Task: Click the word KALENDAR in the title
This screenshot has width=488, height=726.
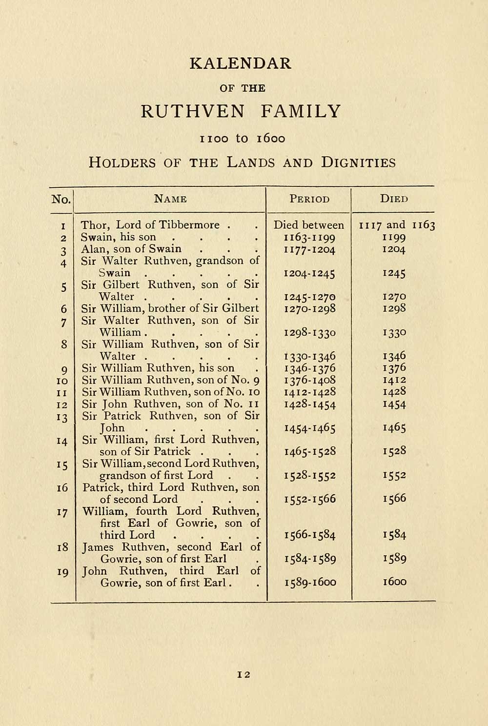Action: click(x=240, y=63)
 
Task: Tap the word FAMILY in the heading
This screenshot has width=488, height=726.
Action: click(x=301, y=111)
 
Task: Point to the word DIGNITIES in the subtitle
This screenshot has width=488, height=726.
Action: click(x=358, y=162)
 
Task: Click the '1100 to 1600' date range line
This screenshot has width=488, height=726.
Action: click(x=243, y=139)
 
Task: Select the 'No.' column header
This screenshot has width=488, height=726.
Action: click(x=61, y=199)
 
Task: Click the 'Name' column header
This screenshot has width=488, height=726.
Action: click(x=170, y=199)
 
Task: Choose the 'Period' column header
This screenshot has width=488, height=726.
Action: click(x=309, y=199)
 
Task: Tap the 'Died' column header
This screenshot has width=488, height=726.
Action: click(x=394, y=199)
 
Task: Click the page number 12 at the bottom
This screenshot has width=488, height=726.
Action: click(x=244, y=674)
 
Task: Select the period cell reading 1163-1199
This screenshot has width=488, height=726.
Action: click(x=309, y=238)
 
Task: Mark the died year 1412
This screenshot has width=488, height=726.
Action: click(x=395, y=380)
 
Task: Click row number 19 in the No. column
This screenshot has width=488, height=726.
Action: click(x=62, y=572)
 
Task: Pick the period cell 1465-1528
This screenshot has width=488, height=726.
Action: click(x=309, y=451)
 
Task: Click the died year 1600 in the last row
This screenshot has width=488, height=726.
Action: click(x=395, y=582)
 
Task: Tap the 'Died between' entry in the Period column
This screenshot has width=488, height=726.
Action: click(x=308, y=225)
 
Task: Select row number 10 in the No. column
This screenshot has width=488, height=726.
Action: click(x=62, y=381)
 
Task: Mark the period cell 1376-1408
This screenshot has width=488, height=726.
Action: click(x=309, y=380)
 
